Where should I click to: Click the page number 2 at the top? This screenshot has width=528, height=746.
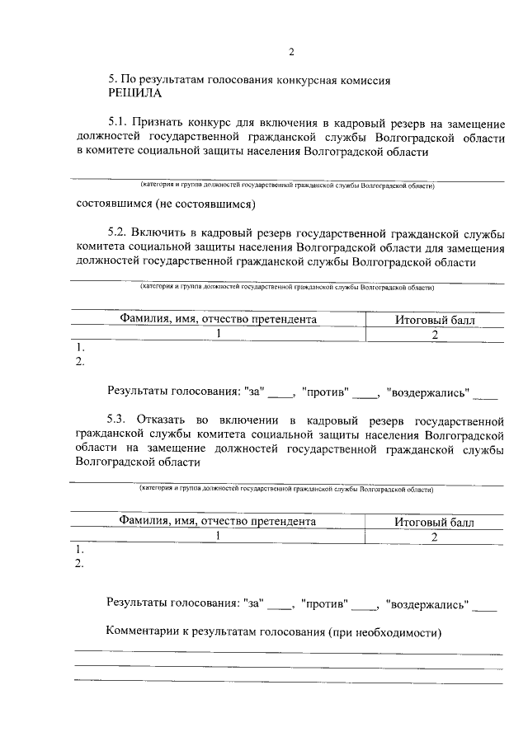290,54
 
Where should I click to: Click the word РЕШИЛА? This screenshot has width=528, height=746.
135,94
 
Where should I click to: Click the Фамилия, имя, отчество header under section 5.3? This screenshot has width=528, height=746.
217,521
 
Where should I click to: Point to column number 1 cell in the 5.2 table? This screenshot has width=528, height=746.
219,334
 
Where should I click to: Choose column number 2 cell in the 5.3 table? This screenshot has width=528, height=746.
434,536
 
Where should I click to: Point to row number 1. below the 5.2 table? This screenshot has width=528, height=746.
79,347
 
